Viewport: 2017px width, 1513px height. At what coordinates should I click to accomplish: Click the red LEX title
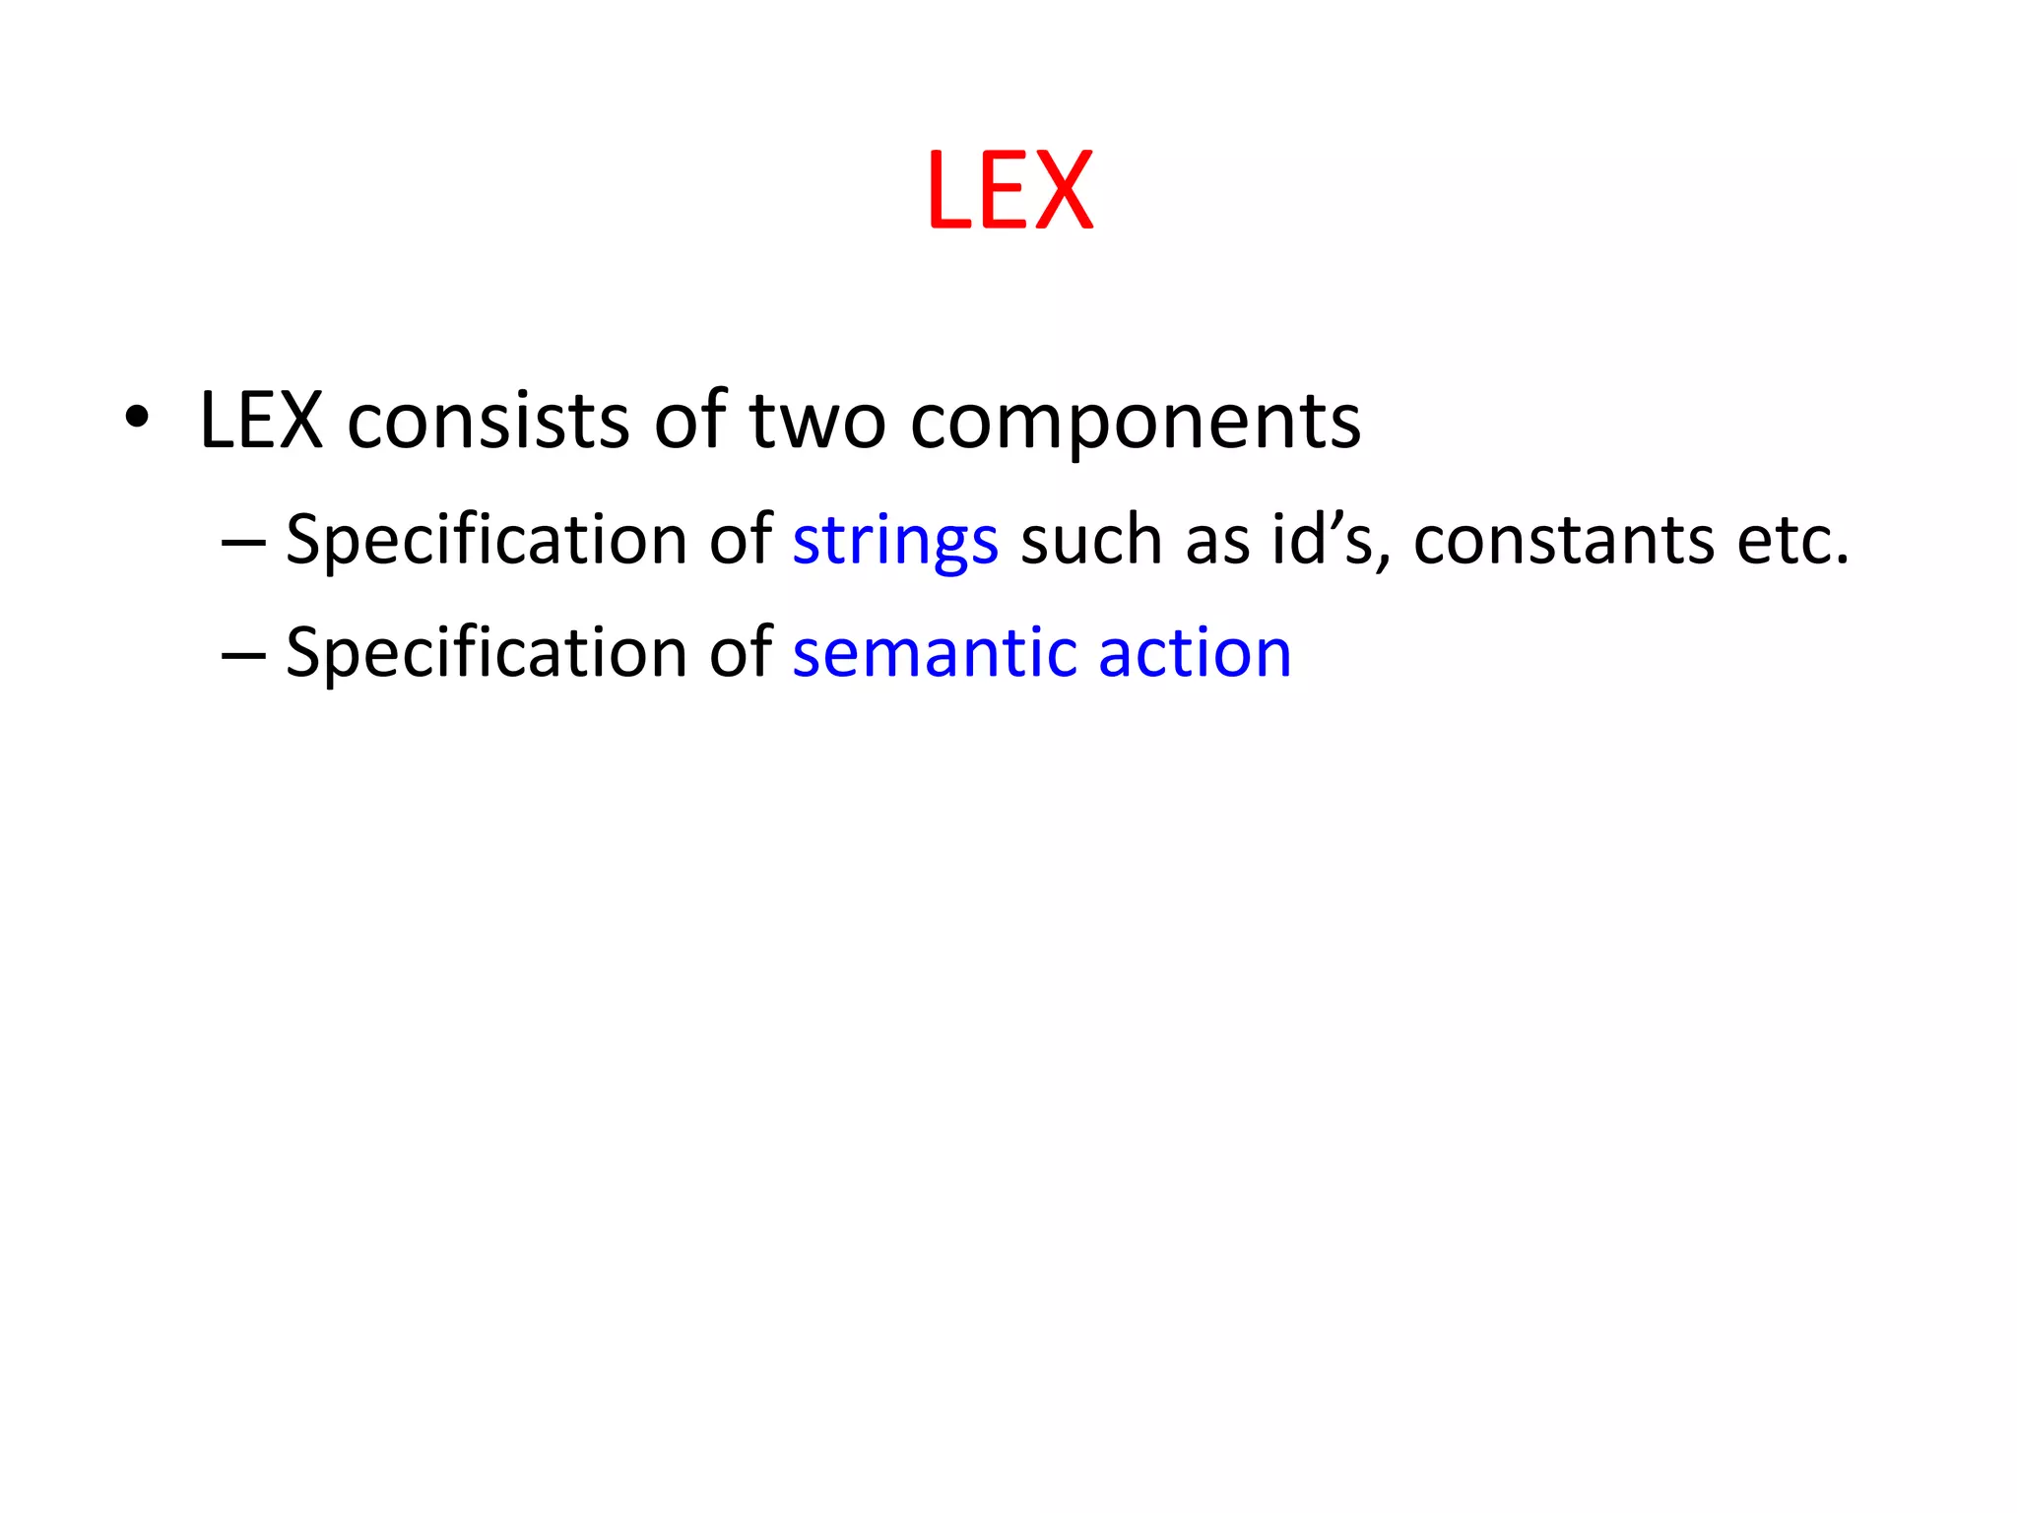click(1009, 190)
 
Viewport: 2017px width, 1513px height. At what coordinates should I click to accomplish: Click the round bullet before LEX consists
click(137, 421)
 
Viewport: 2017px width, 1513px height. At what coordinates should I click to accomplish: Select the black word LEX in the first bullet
click(261, 422)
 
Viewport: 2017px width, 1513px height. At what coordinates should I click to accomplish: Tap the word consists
click(488, 422)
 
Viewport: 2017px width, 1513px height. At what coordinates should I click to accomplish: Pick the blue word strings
click(895, 542)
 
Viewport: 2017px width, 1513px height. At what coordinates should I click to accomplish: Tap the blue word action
click(1194, 654)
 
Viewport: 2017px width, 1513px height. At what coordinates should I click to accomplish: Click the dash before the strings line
click(243, 543)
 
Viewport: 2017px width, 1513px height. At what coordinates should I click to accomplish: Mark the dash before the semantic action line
click(243, 655)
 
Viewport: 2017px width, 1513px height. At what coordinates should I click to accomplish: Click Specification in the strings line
click(487, 541)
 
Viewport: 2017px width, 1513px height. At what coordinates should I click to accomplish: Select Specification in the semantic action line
click(487, 654)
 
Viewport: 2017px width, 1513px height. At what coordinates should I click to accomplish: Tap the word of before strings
click(741, 541)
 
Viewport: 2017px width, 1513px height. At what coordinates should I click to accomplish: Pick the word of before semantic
click(741, 654)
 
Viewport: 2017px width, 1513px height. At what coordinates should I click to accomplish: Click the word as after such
click(1216, 543)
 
